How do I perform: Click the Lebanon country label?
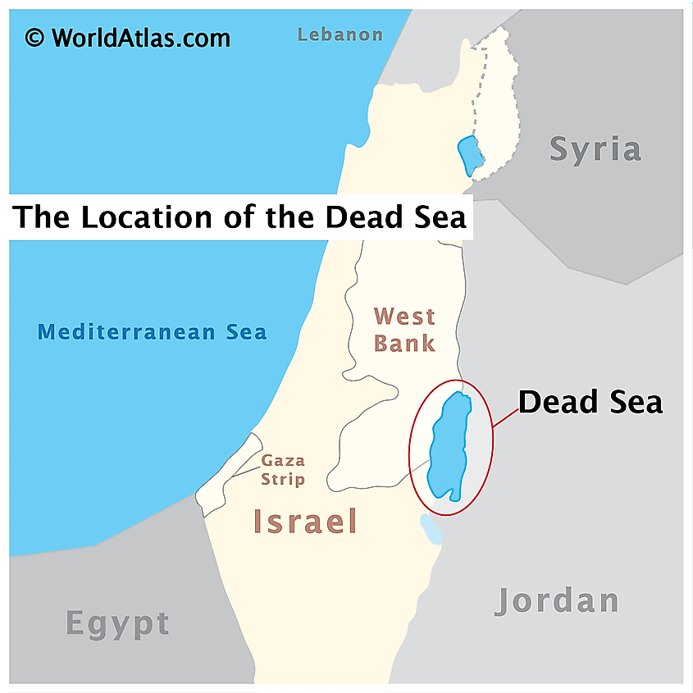(340, 34)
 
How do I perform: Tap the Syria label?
(595, 149)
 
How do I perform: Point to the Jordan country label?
(557, 601)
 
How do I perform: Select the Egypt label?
(117, 624)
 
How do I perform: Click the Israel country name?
(305, 522)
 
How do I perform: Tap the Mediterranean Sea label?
(153, 332)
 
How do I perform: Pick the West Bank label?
(404, 329)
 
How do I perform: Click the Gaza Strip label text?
(283, 470)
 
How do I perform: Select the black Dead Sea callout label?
(590, 403)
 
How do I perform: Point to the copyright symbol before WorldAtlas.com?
(34, 38)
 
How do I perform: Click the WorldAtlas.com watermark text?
(140, 38)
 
